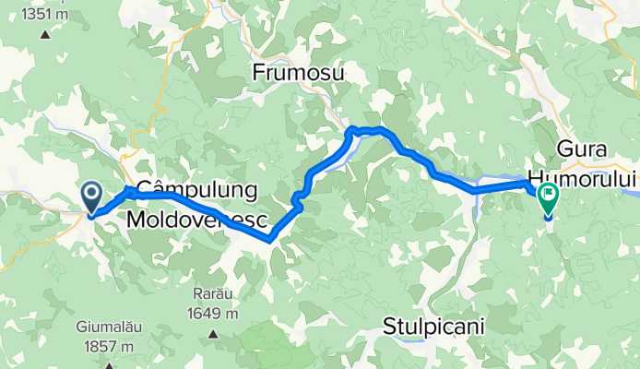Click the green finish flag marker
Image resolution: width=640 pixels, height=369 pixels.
(548, 196)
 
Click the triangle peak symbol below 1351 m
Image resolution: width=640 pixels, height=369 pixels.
(44, 34)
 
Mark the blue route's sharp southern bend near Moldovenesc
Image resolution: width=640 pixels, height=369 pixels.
(269, 239)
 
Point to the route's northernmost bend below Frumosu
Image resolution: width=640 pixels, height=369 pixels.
(351, 128)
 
